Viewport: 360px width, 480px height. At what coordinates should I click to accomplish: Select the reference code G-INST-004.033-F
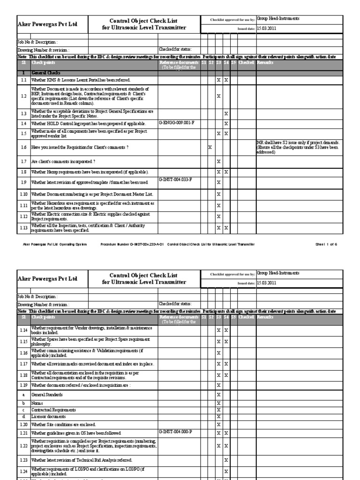(x=175, y=180)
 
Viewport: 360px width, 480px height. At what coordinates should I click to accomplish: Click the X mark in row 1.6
(x=210, y=147)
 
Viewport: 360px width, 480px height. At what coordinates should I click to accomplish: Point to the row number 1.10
(x=23, y=194)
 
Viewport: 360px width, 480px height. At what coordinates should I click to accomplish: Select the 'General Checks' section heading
(x=45, y=74)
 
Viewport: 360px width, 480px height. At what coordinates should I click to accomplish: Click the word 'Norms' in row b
(x=37, y=403)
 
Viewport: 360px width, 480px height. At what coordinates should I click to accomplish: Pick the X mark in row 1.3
(x=226, y=113)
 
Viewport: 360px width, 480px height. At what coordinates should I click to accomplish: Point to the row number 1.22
(x=23, y=446)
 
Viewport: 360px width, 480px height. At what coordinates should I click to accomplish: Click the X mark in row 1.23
(x=226, y=460)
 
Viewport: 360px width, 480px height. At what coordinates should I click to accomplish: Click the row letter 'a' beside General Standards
(x=23, y=395)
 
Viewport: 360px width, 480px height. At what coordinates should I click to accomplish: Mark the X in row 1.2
(x=218, y=96)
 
